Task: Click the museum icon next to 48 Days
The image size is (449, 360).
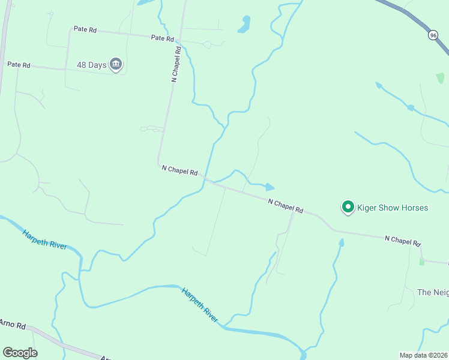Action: pos(116,64)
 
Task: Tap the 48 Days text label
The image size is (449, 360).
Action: pos(91,64)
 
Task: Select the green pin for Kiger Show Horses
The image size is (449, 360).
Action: pos(347,207)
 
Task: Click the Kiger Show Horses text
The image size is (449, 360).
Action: pos(393,208)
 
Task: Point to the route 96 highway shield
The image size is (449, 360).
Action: pos(433,35)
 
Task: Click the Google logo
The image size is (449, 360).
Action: pos(20,353)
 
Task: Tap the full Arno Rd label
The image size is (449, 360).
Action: pos(12,325)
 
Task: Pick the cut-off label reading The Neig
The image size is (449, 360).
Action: pos(433,292)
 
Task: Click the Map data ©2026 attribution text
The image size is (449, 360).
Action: pos(423,355)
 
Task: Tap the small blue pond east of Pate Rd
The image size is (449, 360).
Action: pos(244,25)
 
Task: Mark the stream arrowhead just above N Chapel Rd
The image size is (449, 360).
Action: pos(270,187)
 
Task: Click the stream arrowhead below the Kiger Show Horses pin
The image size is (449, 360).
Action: pos(342,242)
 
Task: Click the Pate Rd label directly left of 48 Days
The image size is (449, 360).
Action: pos(18,64)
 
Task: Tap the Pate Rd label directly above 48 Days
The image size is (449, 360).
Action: pos(85,29)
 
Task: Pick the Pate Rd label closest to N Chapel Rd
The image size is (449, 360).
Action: pos(162,38)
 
